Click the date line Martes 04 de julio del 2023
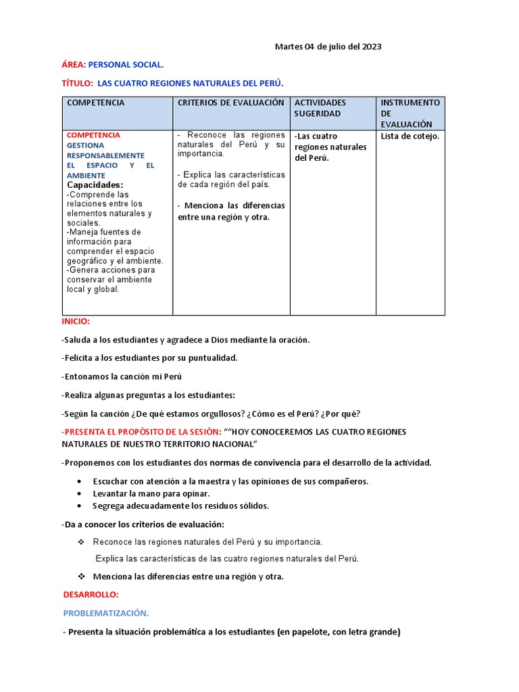click(328, 47)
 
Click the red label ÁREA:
click(74, 65)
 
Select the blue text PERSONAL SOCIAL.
click(126, 65)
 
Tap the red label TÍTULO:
click(77, 83)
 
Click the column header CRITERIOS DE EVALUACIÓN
click(230, 103)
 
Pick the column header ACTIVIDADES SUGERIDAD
click(320, 108)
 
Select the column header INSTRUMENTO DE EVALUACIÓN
click(410, 113)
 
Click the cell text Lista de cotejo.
click(410, 137)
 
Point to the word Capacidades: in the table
click(95, 184)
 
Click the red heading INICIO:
click(75, 322)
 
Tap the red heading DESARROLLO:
click(91, 595)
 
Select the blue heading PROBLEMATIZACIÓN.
click(106, 613)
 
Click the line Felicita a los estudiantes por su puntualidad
click(149, 358)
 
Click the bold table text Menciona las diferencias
click(231, 205)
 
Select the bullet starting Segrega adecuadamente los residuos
click(180, 505)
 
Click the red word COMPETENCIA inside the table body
click(93, 135)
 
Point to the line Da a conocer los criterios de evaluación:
click(143, 524)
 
